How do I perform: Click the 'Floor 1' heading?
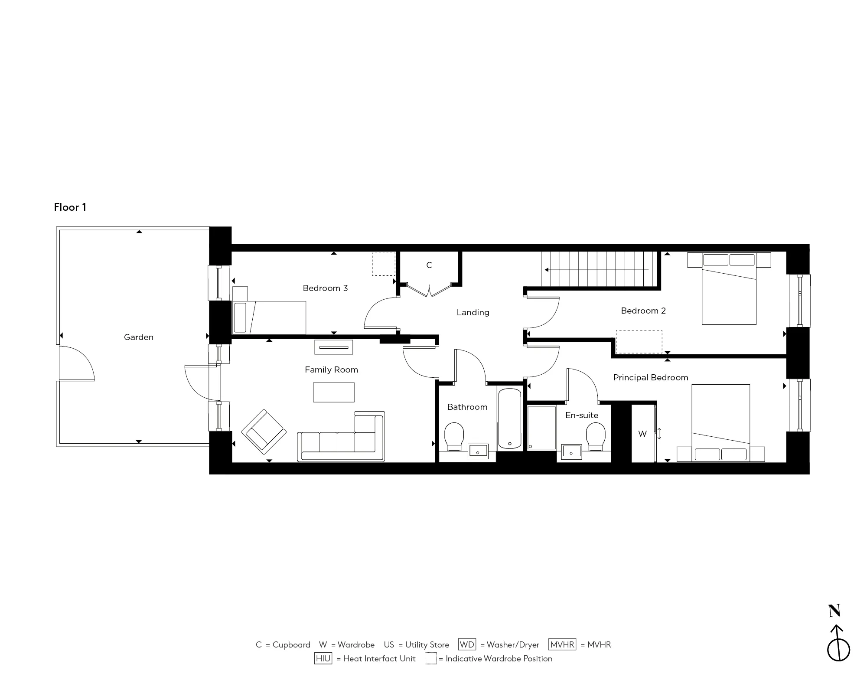pyautogui.click(x=70, y=207)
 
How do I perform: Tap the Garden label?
pyautogui.click(x=138, y=337)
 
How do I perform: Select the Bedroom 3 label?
pyautogui.click(x=325, y=288)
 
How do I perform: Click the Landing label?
pyautogui.click(x=473, y=312)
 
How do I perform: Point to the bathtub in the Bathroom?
pyautogui.click(x=509, y=419)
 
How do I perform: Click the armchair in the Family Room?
pyautogui.click(x=264, y=432)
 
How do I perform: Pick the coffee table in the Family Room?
pyautogui.click(x=333, y=392)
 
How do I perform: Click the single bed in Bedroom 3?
pyautogui.click(x=269, y=317)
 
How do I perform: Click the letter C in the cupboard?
pyautogui.click(x=429, y=265)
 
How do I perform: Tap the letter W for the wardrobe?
pyautogui.click(x=642, y=434)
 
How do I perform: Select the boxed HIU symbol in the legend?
pyautogui.click(x=323, y=658)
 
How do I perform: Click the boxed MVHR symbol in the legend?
pyautogui.click(x=562, y=644)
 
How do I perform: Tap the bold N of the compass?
pyautogui.click(x=834, y=611)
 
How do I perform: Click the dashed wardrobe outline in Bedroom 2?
pyautogui.click(x=639, y=341)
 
